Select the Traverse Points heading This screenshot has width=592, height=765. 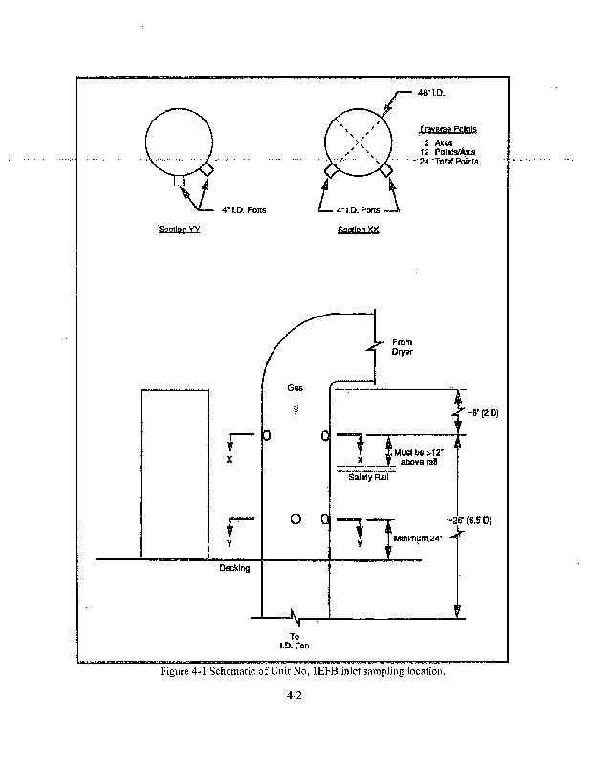click(449, 128)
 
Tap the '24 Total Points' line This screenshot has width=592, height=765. click(449, 161)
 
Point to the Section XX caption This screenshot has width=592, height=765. click(359, 229)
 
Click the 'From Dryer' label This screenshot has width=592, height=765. click(403, 345)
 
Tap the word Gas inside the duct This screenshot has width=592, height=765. click(295, 387)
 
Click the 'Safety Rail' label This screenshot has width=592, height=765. click(366, 476)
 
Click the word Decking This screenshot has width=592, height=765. click(234, 568)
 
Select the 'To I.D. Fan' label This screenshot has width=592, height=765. click(296, 642)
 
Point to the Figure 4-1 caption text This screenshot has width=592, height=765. click(302, 672)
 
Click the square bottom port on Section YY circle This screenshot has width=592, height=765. click(179, 179)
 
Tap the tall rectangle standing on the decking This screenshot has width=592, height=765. click(174, 472)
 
